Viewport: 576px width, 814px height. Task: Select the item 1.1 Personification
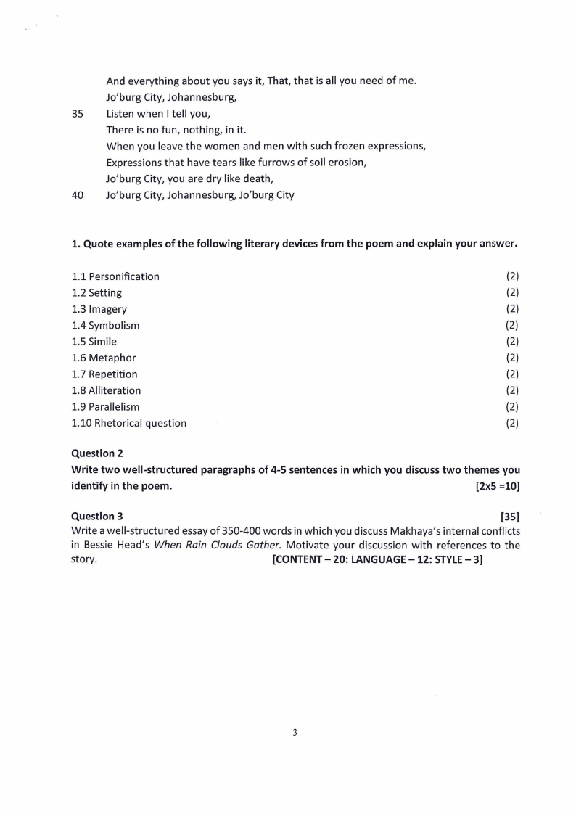[115, 276]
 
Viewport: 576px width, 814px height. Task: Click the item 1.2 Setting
[96, 293]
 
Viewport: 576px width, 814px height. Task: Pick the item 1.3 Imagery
[99, 309]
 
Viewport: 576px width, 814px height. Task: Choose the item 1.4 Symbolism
[106, 326]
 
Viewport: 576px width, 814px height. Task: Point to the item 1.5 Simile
[94, 342]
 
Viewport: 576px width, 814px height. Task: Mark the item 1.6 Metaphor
[104, 358]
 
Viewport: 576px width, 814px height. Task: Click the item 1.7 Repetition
[104, 374]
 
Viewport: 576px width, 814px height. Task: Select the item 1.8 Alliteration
[107, 390]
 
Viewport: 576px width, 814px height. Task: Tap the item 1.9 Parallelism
[106, 407]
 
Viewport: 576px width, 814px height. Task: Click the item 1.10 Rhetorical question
[129, 423]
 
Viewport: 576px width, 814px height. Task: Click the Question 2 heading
[97, 453]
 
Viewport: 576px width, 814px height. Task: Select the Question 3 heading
[97, 517]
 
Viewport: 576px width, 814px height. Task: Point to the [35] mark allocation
[510, 517]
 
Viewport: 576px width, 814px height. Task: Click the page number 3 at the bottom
[295, 733]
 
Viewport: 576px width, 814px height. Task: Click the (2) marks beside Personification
[512, 276]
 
